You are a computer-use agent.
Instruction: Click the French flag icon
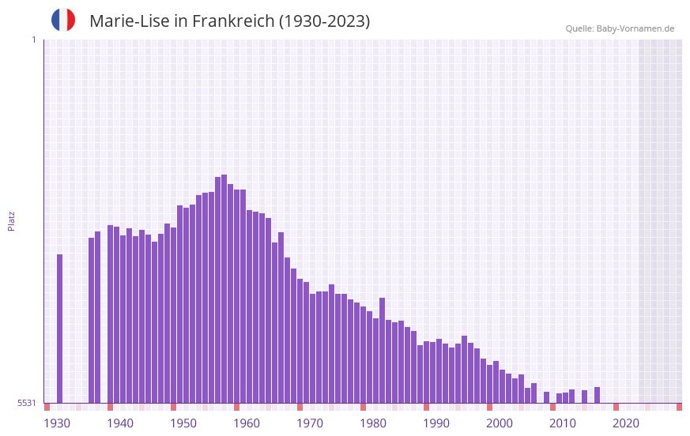pyautogui.click(x=63, y=20)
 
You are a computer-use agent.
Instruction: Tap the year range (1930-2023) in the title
pyautogui.click(x=324, y=21)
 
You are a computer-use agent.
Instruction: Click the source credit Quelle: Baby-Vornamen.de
pyautogui.click(x=620, y=28)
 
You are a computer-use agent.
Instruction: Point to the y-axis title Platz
pyautogui.click(x=11, y=220)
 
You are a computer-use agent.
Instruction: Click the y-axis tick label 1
pyautogui.click(x=33, y=39)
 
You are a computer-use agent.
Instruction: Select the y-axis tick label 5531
pyautogui.click(x=27, y=403)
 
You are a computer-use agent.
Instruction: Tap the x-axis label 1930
pyautogui.click(x=57, y=423)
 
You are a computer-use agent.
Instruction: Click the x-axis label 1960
pyautogui.click(x=247, y=423)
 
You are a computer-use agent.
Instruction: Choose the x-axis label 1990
pyautogui.click(x=436, y=423)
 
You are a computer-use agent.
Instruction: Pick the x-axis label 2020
pyautogui.click(x=626, y=423)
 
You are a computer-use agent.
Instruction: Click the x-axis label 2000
pyautogui.click(x=500, y=423)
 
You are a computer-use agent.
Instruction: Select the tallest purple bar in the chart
pyautogui.click(x=224, y=288)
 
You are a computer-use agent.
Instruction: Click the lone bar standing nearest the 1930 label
pyautogui.click(x=59, y=328)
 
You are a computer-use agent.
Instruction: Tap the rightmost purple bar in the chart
pyautogui.click(x=597, y=395)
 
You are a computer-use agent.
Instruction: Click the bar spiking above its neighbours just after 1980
pyautogui.click(x=382, y=350)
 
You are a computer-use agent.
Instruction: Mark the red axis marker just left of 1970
pyautogui.click(x=300, y=407)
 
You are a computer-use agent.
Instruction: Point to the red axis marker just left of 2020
pyautogui.click(x=616, y=407)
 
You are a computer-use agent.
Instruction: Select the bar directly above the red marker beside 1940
pyautogui.click(x=110, y=314)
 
